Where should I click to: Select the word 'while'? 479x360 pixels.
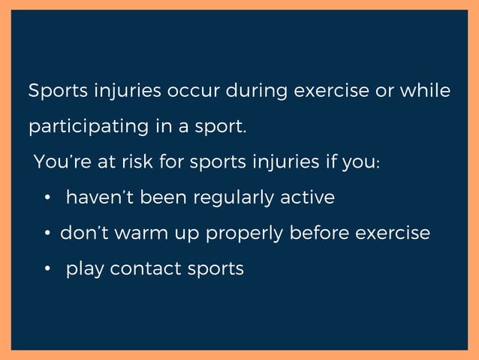(426, 92)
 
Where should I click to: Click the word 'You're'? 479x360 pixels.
(59, 162)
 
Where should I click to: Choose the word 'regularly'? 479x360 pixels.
(234, 198)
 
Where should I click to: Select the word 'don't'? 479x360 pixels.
(83, 233)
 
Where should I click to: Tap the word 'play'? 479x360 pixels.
(85, 269)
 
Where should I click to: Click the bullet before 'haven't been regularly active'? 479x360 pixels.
(48, 198)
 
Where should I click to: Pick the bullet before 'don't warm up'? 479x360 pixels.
(47, 234)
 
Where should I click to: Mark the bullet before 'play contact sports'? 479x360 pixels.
(48, 269)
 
